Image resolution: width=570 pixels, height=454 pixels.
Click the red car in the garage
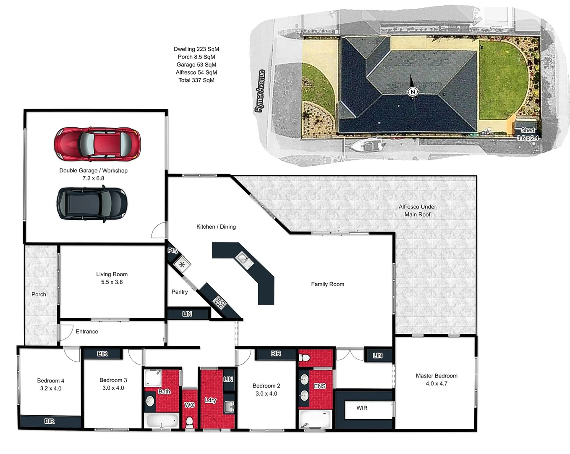coord(97,144)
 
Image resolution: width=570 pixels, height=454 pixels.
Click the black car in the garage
coord(92,204)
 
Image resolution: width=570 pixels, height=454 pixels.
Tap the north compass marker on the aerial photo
coord(413,92)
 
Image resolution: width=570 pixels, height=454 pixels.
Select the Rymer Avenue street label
coord(260,91)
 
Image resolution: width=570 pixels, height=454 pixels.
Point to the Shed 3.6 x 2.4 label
coord(528,134)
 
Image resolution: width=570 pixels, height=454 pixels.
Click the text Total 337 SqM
coord(196,80)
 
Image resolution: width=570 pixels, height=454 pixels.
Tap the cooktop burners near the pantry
coord(220,302)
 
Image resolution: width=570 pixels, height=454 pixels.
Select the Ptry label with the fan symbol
coord(173,251)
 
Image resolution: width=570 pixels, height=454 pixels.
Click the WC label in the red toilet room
coord(189,405)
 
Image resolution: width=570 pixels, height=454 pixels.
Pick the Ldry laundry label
coord(210,400)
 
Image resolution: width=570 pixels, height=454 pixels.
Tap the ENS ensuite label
coord(320,386)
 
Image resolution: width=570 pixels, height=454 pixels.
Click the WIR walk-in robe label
coord(362,408)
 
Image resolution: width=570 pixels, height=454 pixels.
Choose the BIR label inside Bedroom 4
coord(50,421)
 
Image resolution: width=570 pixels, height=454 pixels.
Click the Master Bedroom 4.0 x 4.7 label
coord(437,380)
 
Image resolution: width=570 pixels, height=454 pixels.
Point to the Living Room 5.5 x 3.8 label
coord(112,278)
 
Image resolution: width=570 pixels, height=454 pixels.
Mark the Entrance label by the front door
coord(87,332)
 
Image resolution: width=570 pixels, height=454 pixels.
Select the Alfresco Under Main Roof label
coord(417,211)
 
